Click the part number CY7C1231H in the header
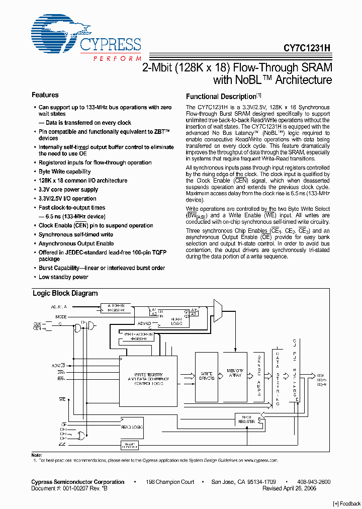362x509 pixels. [x=306, y=48]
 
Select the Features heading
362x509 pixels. [x=45, y=95]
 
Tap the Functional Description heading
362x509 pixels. [x=221, y=97]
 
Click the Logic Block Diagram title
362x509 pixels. [x=65, y=293]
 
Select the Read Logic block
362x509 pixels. [x=132, y=427]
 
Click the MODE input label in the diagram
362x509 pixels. [x=61, y=317]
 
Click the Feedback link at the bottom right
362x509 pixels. [x=347, y=503]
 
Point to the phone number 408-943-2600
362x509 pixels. [x=313, y=482]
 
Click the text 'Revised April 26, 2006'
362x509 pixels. [x=290, y=488]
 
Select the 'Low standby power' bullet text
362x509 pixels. [x=63, y=277]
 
